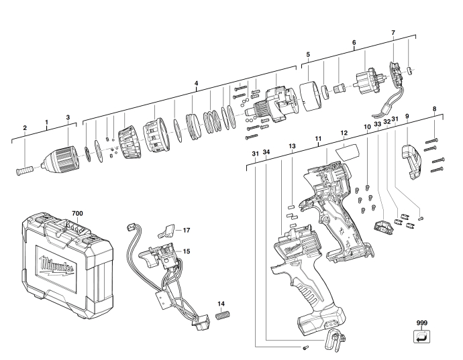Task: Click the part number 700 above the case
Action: (77, 213)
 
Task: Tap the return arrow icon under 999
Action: (421, 336)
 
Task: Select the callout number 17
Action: (187, 230)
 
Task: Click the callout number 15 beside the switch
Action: (187, 251)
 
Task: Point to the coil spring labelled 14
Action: (223, 316)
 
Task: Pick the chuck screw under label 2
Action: (25, 171)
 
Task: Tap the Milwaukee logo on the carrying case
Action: (57, 265)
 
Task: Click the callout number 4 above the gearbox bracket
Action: (197, 83)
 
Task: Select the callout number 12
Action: (344, 133)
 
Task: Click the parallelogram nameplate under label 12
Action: (348, 152)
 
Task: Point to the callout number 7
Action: (393, 33)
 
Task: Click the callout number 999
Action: (422, 323)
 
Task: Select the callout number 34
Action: (266, 152)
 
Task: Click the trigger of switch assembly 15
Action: (150, 257)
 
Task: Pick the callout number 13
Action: (292, 146)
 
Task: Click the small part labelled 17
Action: (167, 231)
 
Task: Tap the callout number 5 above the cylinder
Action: (308, 54)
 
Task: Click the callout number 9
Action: (407, 116)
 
